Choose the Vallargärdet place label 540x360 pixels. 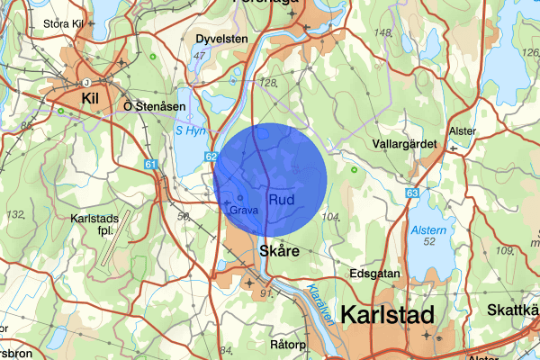pos(404,144)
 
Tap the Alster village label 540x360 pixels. pos(463,130)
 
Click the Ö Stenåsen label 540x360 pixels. pos(154,105)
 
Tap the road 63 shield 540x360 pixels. pos(411,193)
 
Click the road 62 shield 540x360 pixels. pos(211,157)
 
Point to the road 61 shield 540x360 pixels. pos(149,165)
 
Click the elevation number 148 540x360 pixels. pos(382,33)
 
